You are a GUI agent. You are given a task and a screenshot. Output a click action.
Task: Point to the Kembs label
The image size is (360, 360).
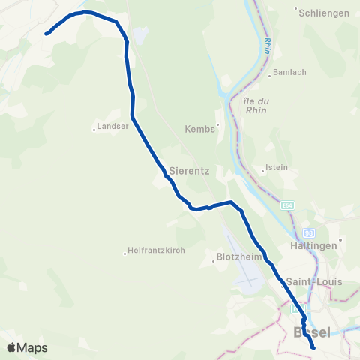pyautogui.click(x=201, y=129)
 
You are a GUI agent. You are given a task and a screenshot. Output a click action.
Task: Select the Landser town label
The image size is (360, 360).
pyautogui.click(x=114, y=126)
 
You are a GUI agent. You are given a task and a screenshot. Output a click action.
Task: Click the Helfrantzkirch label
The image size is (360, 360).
pyautogui.click(x=156, y=250)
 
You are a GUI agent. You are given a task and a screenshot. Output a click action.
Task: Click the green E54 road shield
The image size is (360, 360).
pyautogui.click(x=288, y=205)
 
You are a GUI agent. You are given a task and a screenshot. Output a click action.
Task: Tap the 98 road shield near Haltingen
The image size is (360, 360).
pyautogui.click(x=309, y=232)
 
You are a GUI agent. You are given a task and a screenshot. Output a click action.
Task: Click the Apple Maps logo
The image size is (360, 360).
pyautogui.click(x=27, y=347)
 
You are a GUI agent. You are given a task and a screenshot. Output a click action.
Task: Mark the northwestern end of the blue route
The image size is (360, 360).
pyautogui.click(x=46, y=33)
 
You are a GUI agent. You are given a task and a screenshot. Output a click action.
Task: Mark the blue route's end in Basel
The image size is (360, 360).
pyautogui.click(x=313, y=347)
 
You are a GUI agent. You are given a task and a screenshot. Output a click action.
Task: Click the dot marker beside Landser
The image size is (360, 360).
pyautogui.click(x=94, y=127)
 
